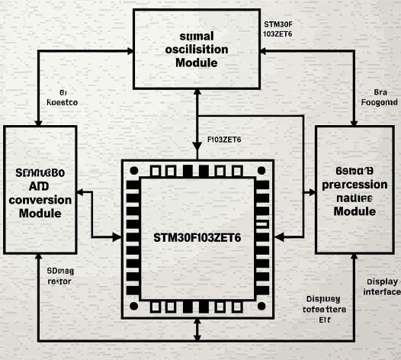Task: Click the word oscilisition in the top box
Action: pyautogui.click(x=196, y=49)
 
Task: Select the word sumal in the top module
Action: pyautogui.click(x=196, y=36)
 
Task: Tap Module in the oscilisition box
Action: pyautogui.click(x=196, y=62)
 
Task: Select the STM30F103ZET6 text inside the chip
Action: pyautogui.click(x=197, y=237)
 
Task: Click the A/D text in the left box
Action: pyautogui.click(x=39, y=186)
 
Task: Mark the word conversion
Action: pyautogui.click(x=40, y=200)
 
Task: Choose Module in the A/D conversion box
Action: pyautogui.click(x=40, y=214)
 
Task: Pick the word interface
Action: pyautogui.click(x=382, y=292)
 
